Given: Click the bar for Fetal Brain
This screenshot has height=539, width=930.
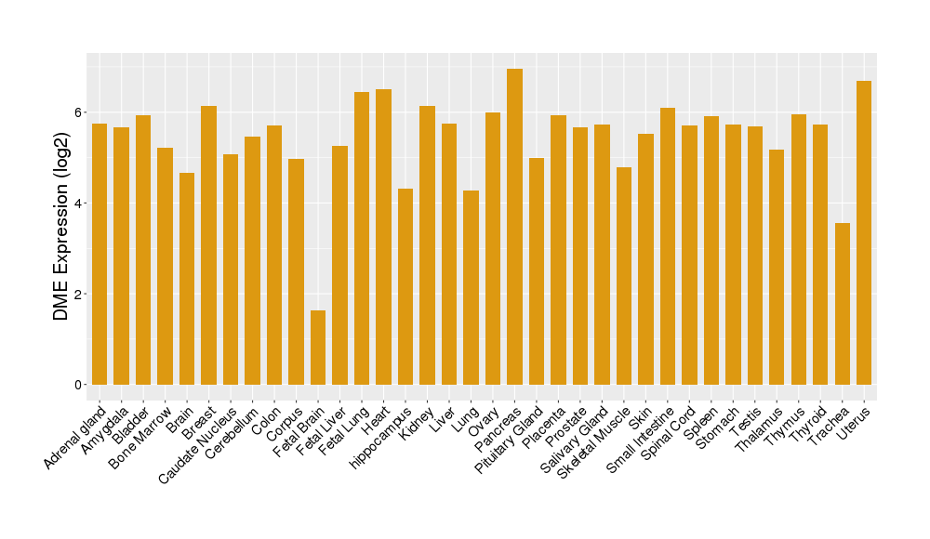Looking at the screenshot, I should [x=318, y=348].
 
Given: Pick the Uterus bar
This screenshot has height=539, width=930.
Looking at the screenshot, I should [x=864, y=232].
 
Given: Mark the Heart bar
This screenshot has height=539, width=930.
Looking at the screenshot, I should [x=383, y=237].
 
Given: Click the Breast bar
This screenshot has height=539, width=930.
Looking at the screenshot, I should [x=208, y=245].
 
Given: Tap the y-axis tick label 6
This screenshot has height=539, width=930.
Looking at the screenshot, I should [x=78, y=112].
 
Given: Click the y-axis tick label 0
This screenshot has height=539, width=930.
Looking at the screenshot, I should [x=78, y=385].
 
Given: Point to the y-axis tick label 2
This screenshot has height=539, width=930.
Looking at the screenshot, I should [x=78, y=295].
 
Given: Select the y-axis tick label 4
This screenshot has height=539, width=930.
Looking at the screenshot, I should [x=78, y=204].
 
